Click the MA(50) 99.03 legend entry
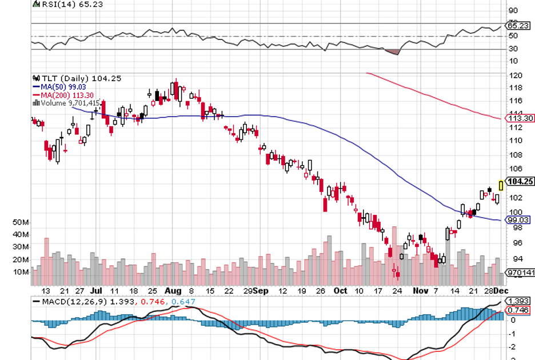(x=59, y=86)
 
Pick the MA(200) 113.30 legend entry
(x=62, y=95)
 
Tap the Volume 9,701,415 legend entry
(x=67, y=103)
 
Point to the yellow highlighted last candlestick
(x=501, y=185)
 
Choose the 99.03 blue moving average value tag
(x=520, y=219)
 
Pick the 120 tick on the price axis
(x=514, y=75)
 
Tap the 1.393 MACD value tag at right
(x=518, y=301)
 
